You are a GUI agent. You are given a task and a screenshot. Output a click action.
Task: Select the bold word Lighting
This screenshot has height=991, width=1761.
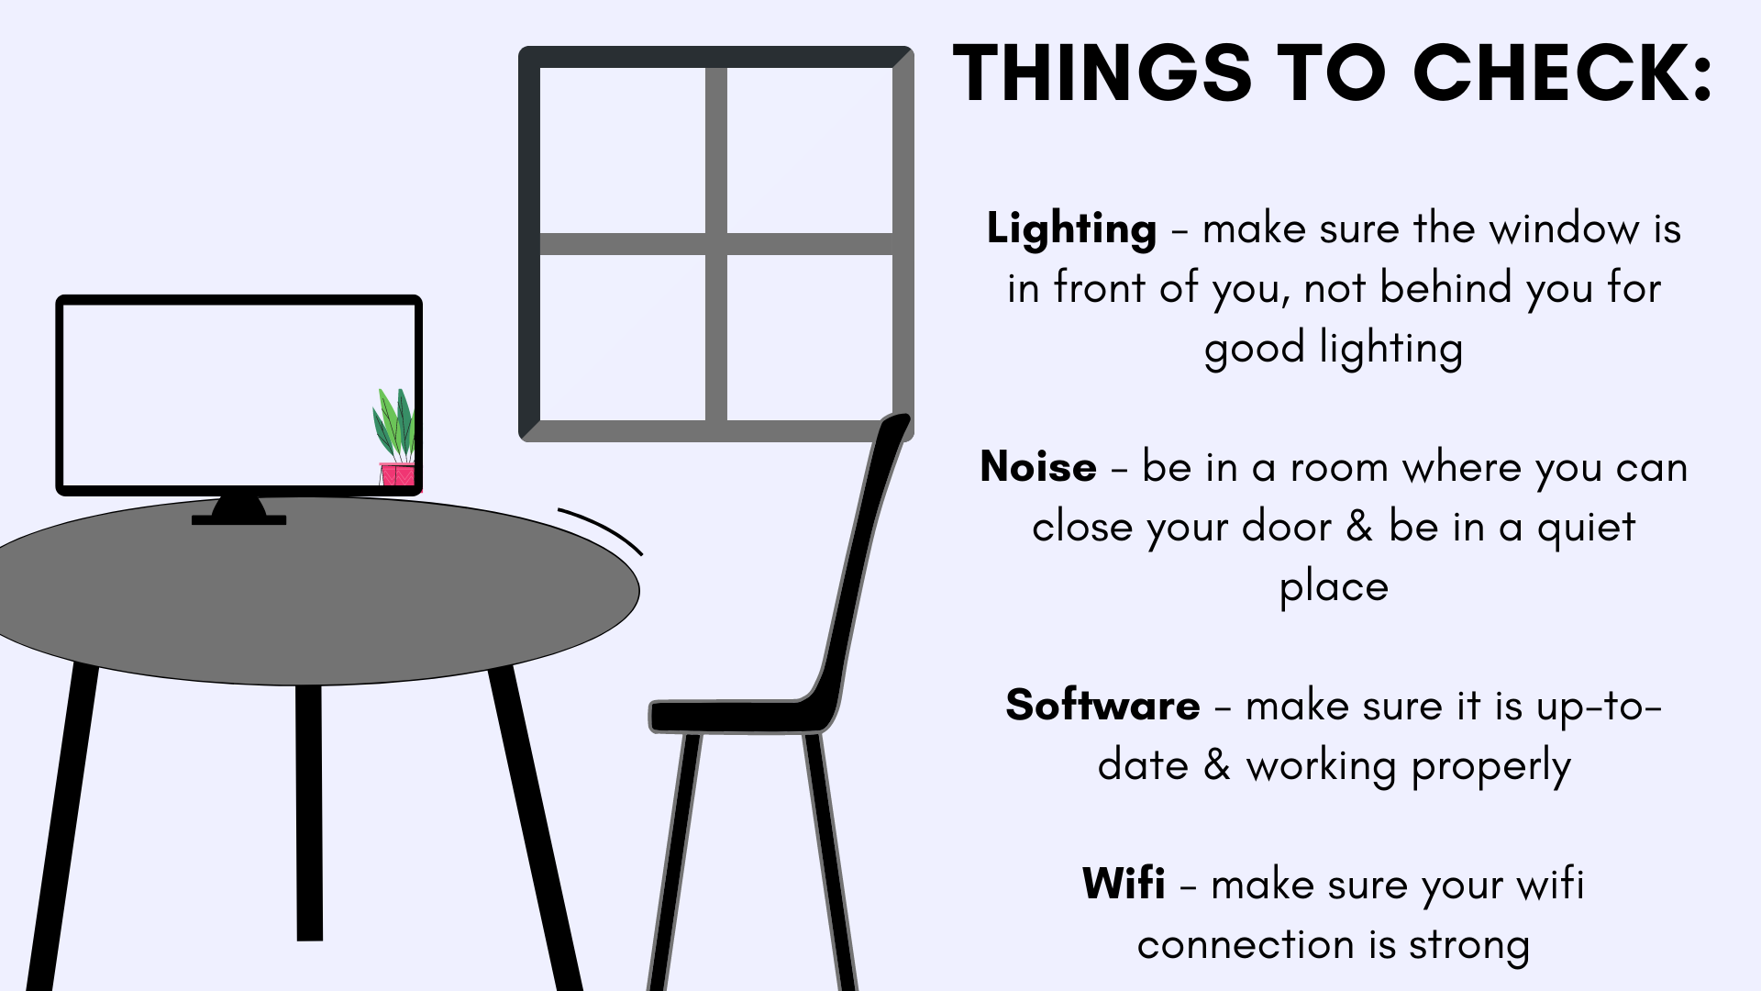pyautogui.click(x=1071, y=229)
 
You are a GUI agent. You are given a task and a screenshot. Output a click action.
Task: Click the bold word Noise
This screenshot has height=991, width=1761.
pyautogui.click(x=1038, y=467)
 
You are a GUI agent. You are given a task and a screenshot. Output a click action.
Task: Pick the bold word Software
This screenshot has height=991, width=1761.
pyautogui.click(x=1102, y=705)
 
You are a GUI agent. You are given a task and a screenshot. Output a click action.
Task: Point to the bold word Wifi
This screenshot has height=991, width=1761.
pyautogui.click(x=1124, y=884)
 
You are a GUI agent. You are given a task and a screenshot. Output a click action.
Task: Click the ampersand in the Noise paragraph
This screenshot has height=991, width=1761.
pyautogui.click(x=1358, y=527)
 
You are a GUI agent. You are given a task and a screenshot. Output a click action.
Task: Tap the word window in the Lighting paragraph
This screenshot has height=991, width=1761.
pyautogui.click(x=1564, y=228)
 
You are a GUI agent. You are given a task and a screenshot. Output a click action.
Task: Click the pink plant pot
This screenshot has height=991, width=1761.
pyautogui.click(x=398, y=474)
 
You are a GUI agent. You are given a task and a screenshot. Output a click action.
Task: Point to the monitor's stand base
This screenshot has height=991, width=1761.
pyautogui.click(x=238, y=519)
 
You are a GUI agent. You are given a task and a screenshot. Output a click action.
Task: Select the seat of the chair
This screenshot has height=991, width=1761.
pyautogui.click(x=738, y=716)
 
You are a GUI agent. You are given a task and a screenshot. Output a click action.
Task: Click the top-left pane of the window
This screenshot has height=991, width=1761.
pyautogui.click(x=623, y=150)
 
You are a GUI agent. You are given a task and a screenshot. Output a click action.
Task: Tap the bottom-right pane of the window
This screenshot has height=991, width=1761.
pyautogui.click(x=810, y=338)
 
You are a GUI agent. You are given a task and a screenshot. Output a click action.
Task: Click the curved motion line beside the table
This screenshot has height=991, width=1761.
pyautogui.click(x=602, y=529)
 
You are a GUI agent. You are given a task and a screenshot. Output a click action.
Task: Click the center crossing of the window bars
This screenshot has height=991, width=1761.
pyautogui.click(x=716, y=244)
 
